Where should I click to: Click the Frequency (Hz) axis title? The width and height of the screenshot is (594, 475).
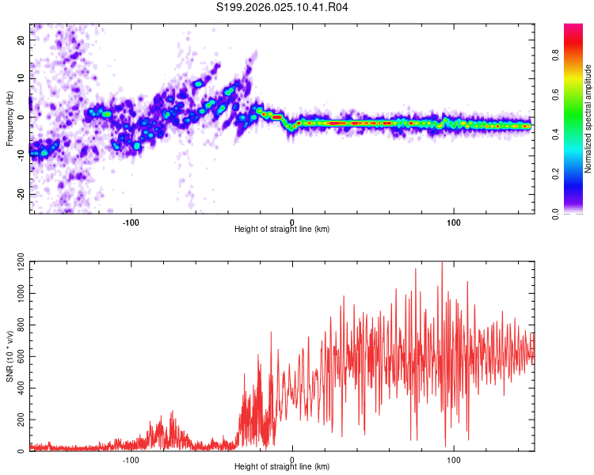point(10,118)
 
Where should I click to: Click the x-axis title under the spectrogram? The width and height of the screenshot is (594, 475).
point(282,230)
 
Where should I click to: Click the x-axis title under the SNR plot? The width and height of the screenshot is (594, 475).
point(282,467)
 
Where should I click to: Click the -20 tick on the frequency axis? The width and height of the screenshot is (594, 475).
point(20,194)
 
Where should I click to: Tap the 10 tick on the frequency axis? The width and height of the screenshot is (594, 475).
point(21,78)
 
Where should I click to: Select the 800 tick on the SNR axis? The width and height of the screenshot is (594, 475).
point(17,325)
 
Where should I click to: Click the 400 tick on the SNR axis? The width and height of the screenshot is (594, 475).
point(17,388)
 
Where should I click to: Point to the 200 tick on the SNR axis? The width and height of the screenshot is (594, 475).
point(17,420)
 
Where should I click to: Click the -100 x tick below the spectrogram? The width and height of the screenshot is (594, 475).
point(131,221)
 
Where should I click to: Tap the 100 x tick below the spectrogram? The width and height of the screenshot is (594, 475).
point(454,221)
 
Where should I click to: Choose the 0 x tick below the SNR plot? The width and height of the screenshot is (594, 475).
point(292,458)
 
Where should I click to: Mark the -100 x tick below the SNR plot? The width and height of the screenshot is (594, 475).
point(131,458)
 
